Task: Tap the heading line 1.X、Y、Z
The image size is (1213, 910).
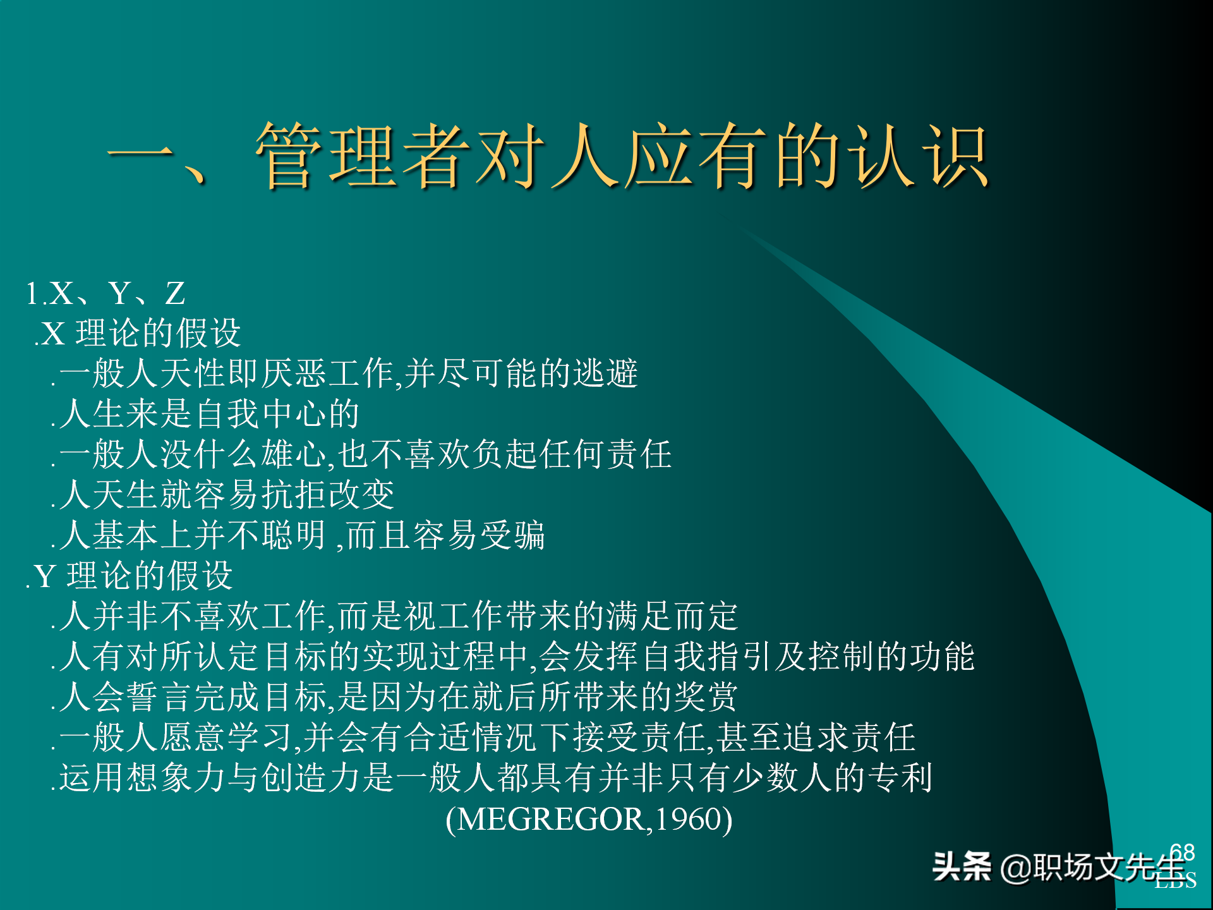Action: coord(106,293)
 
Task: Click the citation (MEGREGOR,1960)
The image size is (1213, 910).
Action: coord(589,820)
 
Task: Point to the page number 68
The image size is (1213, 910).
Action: coord(1181,852)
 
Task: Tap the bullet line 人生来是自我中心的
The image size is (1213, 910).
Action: coord(208,414)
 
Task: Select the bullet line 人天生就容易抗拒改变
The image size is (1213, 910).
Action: coord(226,495)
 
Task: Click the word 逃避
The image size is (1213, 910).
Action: coord(606,373)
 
